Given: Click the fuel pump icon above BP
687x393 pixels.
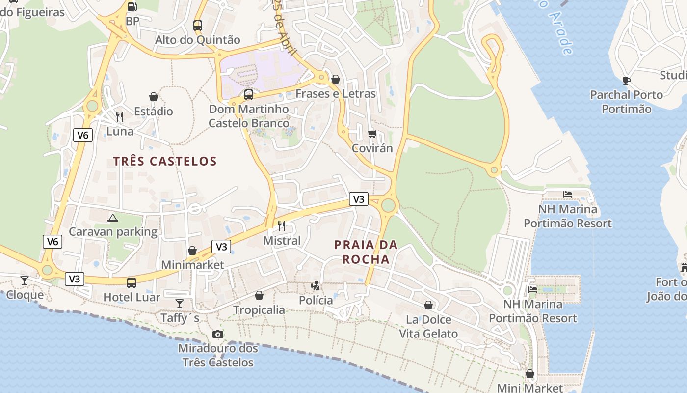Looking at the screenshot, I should click(132, 6).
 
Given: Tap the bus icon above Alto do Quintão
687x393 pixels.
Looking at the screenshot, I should click(198, 26).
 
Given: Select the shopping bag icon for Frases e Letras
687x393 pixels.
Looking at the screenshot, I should click(336, 79).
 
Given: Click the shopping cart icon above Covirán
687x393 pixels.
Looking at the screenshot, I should click(372, 134).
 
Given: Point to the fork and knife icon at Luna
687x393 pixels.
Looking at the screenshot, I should click(120, 117).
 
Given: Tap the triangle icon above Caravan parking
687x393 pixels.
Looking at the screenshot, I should click(113, 218).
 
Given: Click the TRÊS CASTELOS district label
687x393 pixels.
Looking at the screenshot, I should click(165, 161).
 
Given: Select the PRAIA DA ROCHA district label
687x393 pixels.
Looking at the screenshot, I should click(366, 252).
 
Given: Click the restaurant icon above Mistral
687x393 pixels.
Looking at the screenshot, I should click(282, 226).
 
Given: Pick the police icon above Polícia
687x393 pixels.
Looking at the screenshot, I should click(316, 285).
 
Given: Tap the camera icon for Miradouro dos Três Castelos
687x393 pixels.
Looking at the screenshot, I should click(218, 335).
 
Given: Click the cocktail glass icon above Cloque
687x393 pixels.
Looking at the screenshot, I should click(25, 281).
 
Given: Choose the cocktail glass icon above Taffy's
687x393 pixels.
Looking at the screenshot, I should click(180, 304).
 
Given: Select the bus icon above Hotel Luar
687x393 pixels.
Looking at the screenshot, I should click(132, 283).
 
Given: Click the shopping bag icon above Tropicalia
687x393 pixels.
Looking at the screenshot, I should click(259, 295).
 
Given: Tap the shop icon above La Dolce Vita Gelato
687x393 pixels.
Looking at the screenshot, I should click(428, 305).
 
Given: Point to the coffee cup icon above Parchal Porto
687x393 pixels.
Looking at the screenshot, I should click(626, 81).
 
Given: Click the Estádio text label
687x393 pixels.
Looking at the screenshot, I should click(154, 112).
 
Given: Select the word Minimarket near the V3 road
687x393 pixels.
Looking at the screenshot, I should click(192, 265).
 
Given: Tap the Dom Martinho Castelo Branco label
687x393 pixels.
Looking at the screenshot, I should click(249, 116).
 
